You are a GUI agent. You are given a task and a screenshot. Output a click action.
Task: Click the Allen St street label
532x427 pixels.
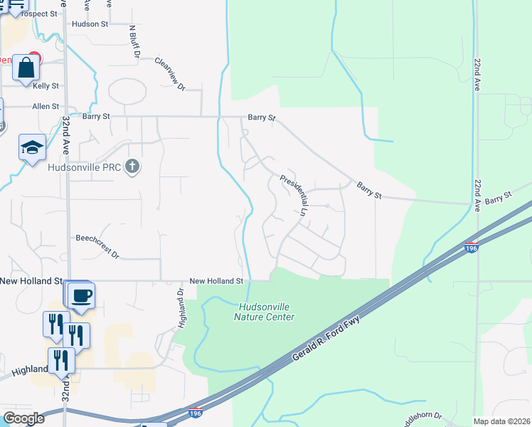[46, 106]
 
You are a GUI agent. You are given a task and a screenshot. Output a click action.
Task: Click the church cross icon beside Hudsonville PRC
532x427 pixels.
[132, 167]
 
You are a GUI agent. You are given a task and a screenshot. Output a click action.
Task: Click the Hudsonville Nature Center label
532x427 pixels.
[264, 312]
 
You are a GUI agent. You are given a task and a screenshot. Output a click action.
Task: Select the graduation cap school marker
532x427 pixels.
[32, 147]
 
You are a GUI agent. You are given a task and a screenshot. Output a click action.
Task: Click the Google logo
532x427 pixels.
[23, 418]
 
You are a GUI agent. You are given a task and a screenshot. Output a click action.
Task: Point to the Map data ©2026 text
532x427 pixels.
[502, 421]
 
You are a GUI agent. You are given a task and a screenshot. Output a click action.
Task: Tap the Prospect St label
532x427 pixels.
[39, 14]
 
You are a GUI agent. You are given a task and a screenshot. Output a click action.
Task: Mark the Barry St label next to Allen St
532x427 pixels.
[96, 116]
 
